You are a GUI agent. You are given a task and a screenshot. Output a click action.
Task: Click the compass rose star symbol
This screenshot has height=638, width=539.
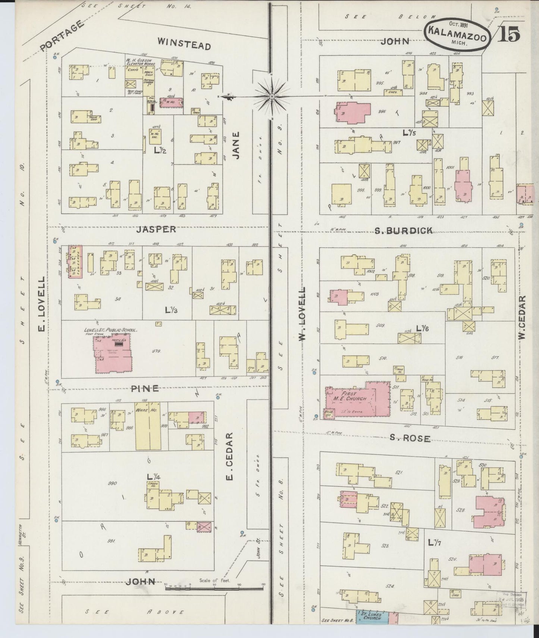272,96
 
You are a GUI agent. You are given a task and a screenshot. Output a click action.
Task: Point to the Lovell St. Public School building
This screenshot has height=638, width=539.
113,353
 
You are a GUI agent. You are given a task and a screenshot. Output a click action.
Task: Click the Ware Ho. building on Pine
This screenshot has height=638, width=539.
148,426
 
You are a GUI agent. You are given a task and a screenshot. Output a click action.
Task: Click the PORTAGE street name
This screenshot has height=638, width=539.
61,36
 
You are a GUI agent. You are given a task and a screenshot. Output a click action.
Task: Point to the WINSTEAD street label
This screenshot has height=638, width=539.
184,44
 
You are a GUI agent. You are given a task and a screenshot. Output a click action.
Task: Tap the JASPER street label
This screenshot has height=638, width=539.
156,229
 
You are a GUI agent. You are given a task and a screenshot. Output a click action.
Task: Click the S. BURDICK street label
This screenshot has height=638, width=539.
404,231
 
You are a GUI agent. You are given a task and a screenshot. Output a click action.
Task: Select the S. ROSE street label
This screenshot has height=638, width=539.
410,438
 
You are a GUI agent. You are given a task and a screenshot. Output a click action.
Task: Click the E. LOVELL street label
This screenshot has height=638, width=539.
42,304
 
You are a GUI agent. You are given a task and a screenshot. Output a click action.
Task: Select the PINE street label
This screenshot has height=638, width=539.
145,388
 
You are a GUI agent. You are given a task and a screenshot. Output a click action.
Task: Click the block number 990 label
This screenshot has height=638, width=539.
112,483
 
